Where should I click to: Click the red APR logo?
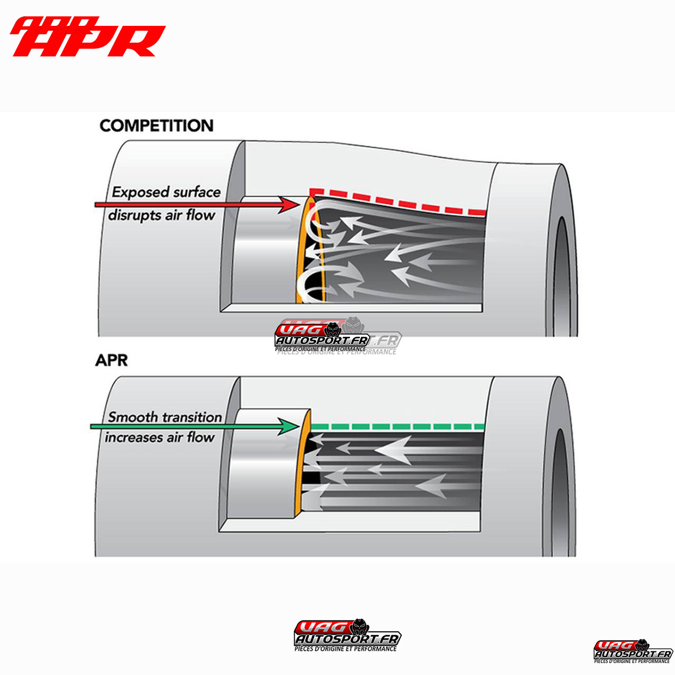click(x=87, y=37)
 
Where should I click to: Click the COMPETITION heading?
click(x=156, y=125)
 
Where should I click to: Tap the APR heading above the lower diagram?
click(x=111, y=360)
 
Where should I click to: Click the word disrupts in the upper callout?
click(x=134, y=215)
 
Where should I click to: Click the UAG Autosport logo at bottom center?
click(x=347, y=636)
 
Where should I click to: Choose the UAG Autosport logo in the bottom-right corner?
click(x=633, y=652)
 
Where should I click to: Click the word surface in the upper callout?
click(x=197, y=192)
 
